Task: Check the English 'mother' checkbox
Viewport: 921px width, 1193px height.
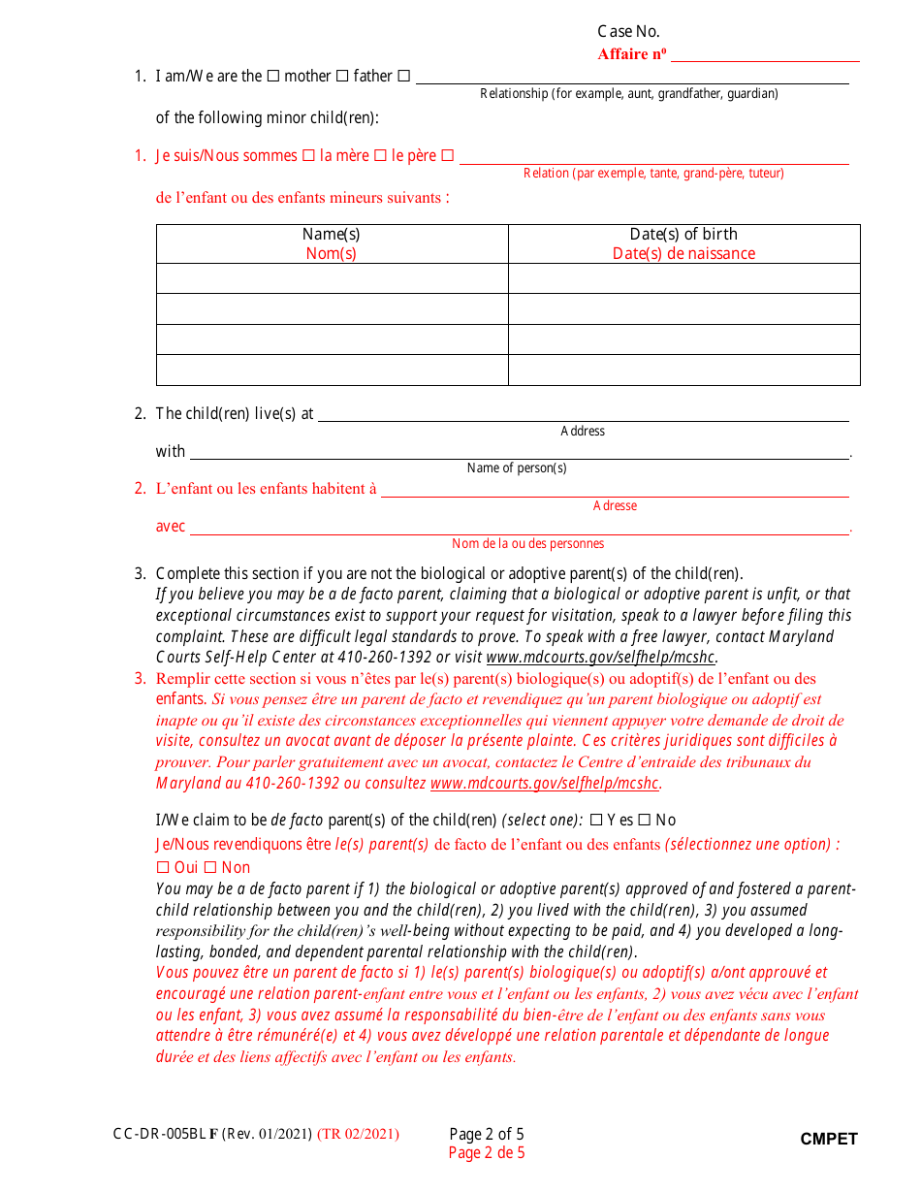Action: pyautogui.click(x=273, y=77)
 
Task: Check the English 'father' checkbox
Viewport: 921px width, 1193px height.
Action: pyautogui.click(x=342, y=77)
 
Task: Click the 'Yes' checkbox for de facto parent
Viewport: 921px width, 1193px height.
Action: pyautogui.click(x=596, y=821)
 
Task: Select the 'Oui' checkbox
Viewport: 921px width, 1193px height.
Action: pyautogui.click(x=163, y=868)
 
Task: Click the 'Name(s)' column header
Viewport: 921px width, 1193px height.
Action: pyautogui.click(x=332, y=234)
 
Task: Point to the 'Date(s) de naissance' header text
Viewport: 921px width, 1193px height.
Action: pyautogui.click(x=683, y=254)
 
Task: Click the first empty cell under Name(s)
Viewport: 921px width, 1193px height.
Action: pyautogui.click(x=332, y=278)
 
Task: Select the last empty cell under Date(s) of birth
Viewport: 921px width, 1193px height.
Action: pyautogui.click(x=683, y=370)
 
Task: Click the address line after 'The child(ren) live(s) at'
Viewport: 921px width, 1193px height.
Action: pyautogui.click(x=583, y=414)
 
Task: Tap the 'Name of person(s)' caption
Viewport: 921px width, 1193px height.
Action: pyautogui.click(x=517, y=468)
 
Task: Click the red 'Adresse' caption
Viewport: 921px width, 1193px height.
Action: pyautogui.click(x=615, y=506)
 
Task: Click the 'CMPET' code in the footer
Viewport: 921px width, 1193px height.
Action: pyautogui.click(x=829, y=1140)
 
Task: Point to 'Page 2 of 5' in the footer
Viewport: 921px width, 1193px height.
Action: pyautogui.click(x=487, y=1134)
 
